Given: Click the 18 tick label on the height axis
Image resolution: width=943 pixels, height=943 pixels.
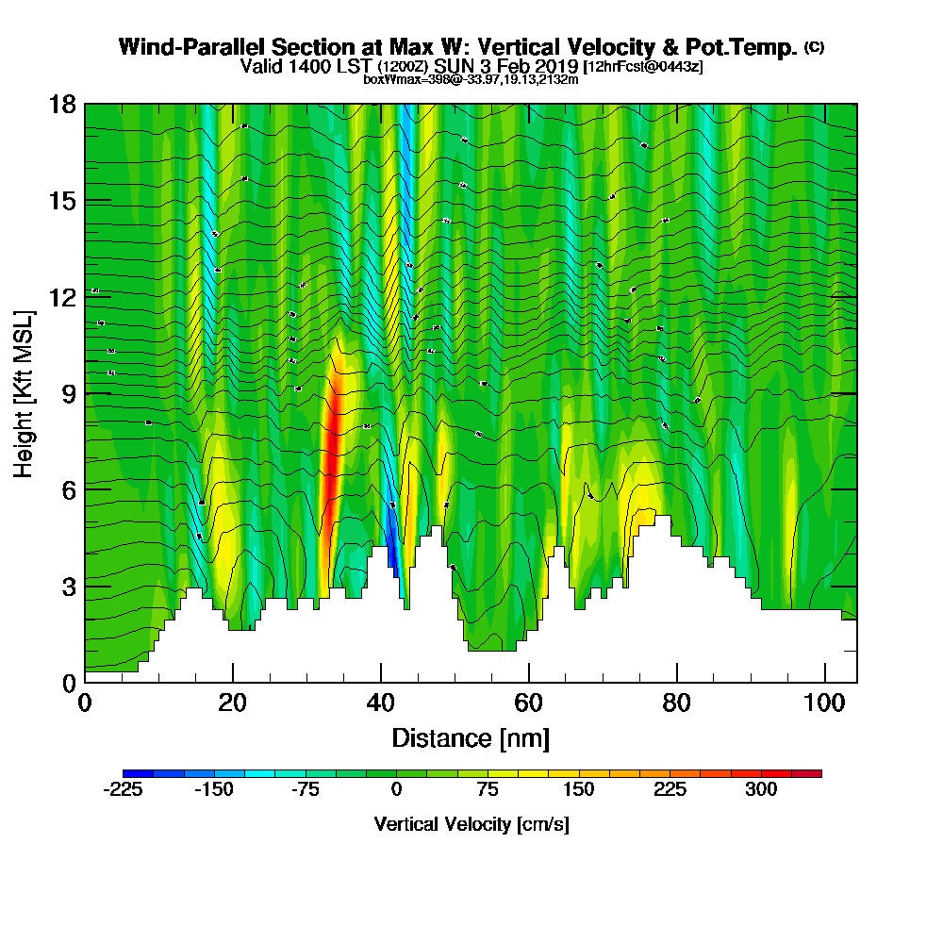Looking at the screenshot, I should [x=63, y=104].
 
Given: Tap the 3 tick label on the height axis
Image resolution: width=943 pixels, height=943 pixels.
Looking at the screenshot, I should [x=68, y=586].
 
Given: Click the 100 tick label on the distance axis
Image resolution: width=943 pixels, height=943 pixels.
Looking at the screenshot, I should [x=825, y=703].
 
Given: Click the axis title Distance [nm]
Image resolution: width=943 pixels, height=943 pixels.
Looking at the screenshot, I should [x=471, y=737].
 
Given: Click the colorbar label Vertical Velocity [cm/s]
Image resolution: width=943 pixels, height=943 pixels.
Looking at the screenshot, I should [x=471, y=824].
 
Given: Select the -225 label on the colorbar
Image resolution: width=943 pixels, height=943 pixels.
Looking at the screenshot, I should [x=123, y=790].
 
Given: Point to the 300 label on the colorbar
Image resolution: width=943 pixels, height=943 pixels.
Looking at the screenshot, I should [x=761, y=790].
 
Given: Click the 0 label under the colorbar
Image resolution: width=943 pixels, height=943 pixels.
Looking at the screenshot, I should [x=396, y=790].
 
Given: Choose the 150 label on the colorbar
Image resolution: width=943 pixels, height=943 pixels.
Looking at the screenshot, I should [x=579, y=790].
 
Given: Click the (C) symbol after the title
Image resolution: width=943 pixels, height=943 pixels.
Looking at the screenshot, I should [x=814, y=47].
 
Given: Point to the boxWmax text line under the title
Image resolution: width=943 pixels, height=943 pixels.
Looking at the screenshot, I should [x=471, y=80].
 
